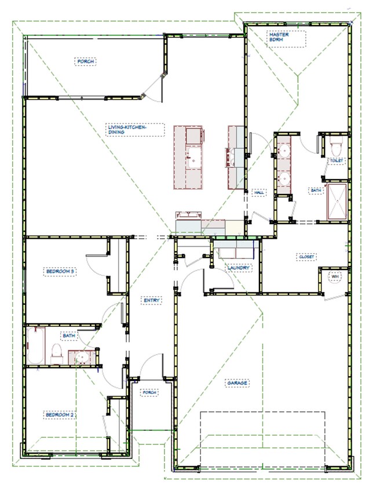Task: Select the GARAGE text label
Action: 237,384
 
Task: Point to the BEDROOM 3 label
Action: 61,271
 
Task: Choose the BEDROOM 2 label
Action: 61,415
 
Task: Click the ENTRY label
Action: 152,300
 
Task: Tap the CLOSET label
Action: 306,257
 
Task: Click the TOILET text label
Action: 336,160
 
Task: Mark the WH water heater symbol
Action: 335,278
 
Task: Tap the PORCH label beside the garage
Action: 150,393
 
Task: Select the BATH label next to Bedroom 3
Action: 69,335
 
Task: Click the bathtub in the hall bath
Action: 35,346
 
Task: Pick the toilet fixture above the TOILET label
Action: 335,143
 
